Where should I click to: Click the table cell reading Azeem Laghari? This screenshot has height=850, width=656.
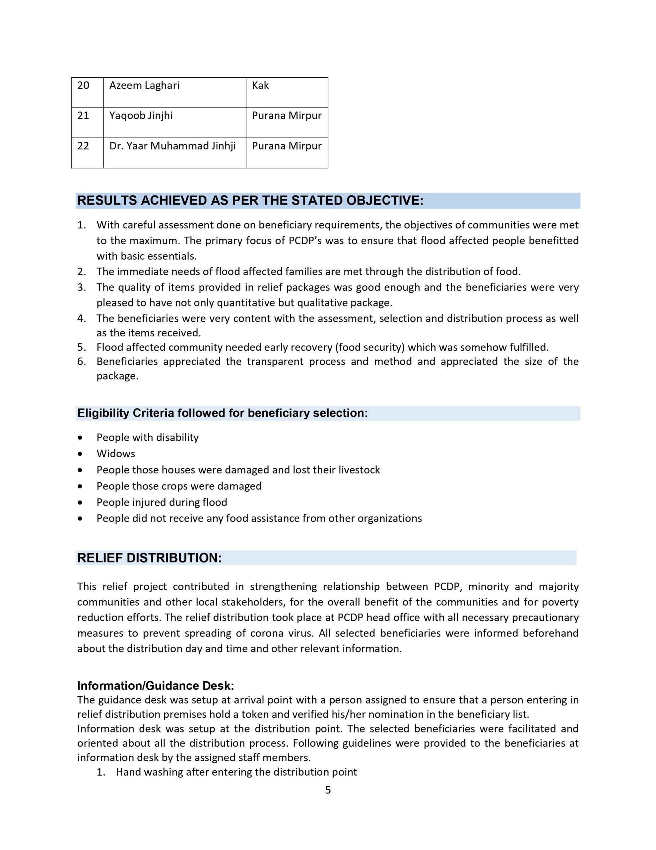144,86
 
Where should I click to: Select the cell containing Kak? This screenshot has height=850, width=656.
260,86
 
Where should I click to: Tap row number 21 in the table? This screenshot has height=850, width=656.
83,116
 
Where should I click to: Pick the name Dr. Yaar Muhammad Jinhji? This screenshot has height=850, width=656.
172,146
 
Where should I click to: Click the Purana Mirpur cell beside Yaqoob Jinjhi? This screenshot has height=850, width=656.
287,116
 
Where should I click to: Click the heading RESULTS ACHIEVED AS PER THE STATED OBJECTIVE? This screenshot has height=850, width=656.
250,201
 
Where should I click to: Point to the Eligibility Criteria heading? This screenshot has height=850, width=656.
222,413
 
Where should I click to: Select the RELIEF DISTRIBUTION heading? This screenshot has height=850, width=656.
149,558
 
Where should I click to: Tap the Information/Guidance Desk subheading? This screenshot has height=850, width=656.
156,685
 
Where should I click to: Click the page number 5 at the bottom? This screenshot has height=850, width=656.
328,790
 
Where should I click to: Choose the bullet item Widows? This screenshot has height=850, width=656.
116,454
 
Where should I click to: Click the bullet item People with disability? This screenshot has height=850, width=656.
147,438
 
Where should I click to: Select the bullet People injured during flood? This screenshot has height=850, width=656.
162,502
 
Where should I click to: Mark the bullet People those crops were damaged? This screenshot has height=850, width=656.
179,486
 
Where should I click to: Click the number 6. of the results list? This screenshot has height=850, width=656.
81,362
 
